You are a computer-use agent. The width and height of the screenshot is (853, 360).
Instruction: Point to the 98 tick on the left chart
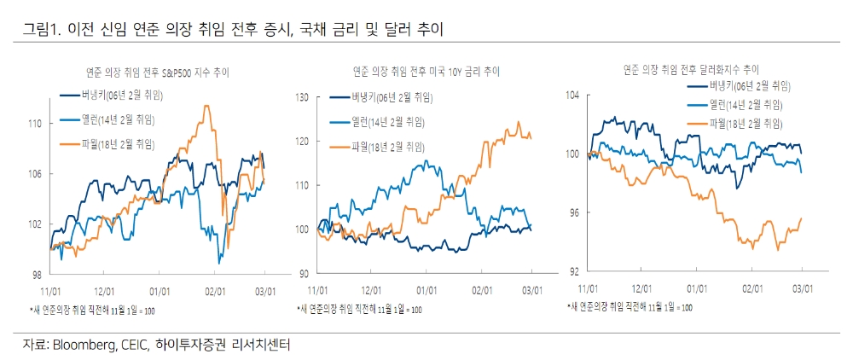[38, 275]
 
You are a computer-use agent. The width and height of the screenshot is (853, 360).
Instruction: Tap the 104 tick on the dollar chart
[572, 96]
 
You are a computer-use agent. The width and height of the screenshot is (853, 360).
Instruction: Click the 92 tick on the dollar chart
[575, 270]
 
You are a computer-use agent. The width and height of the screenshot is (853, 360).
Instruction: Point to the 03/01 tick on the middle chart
[533, 290]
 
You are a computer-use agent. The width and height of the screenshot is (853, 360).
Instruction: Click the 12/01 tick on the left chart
[105, 291]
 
